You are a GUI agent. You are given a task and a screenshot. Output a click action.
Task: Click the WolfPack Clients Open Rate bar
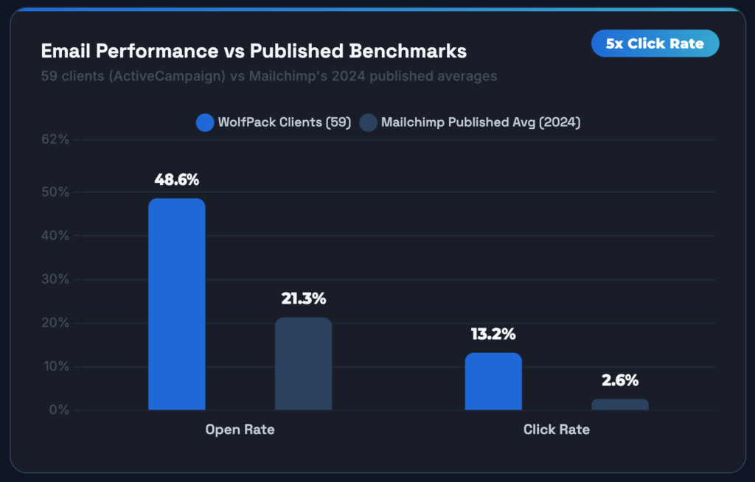point(176,304)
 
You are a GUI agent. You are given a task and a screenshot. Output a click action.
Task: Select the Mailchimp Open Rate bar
point(303,363)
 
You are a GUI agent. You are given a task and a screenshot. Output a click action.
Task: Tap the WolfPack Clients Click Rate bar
point(493,381)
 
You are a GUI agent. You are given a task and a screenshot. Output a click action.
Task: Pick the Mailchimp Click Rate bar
point(620,405)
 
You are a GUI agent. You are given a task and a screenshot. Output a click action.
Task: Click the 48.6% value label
point(176,180)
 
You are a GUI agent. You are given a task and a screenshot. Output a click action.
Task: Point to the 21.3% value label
point(303,298)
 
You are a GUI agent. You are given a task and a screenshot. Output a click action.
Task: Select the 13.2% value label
point(493,334)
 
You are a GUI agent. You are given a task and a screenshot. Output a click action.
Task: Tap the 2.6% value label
point(620,380)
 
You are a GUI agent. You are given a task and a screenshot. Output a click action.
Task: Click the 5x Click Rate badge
point(655,43)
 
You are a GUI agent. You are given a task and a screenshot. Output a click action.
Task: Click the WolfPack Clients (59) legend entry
point(274,122)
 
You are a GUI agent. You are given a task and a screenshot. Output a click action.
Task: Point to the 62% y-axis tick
point(55,139)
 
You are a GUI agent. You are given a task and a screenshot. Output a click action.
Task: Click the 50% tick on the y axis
point(55,192)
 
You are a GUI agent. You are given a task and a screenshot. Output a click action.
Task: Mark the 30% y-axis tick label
point(55,279)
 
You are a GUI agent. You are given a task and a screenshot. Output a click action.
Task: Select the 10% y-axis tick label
point(55,366)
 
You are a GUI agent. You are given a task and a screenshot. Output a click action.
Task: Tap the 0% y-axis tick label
point(58,410)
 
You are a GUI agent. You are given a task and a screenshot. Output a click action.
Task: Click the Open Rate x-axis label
point(240,429)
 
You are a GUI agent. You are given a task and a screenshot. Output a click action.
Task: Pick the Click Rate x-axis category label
point(556,429)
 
